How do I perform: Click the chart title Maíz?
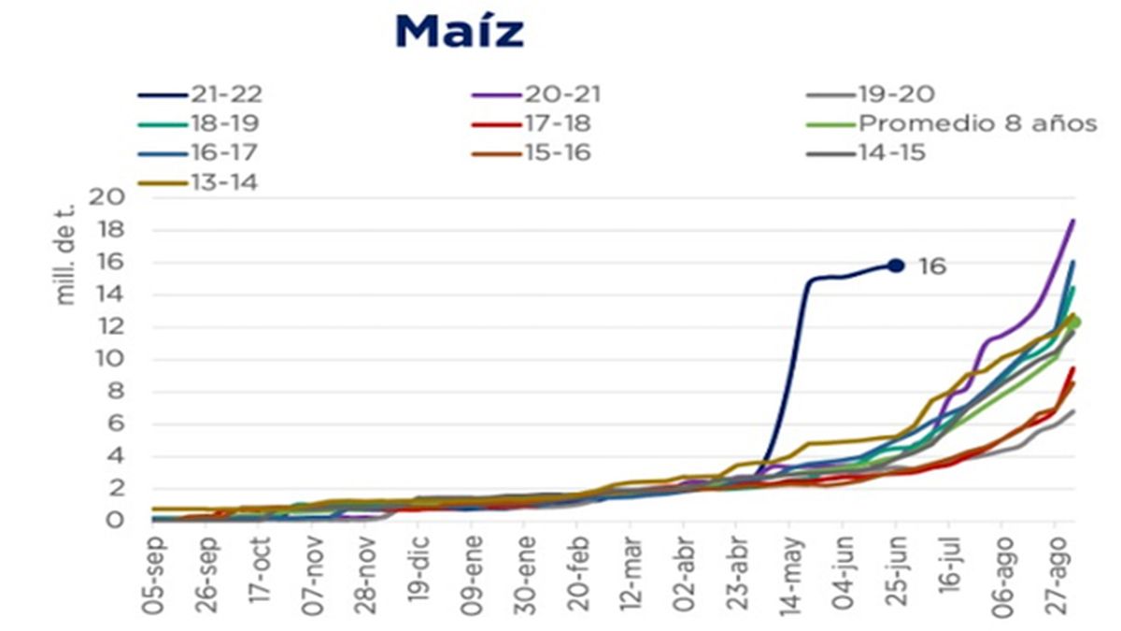pyautogui.click(x=459, y=31)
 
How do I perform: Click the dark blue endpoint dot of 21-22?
pyautogui.click(x=896, y=265)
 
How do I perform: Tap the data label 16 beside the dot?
pyautogui.click(x=931, y=266)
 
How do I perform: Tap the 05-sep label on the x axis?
pyautogui.click(x=155, y=575)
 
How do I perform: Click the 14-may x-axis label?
pyautogui.click(x=790, y=575)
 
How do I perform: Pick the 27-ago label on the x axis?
pyautogui.click(x=1055, y=575)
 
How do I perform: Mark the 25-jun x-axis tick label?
pyautogui.click(x=896, y=575)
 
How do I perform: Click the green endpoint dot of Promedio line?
pyautogui.click(x=1073, y=323)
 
